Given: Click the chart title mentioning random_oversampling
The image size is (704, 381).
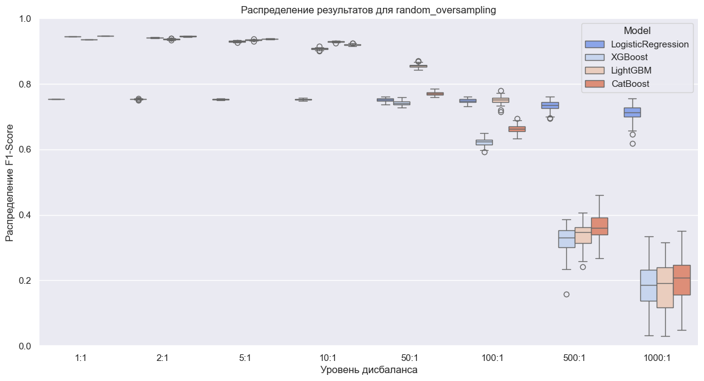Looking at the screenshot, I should pos(368,10).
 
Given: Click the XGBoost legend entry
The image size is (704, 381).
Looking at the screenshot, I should pos(630,58).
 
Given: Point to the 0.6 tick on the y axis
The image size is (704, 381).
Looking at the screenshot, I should pos(26,149).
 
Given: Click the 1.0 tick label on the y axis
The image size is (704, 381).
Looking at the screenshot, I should pos(26,19).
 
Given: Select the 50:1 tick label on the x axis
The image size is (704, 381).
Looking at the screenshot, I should pos(410,358).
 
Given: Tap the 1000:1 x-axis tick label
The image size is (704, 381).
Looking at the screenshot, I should pos(657,358).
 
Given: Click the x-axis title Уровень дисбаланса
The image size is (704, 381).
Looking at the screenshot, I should pos(368,370).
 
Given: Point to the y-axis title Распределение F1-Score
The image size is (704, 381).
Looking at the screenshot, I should pos(10,182).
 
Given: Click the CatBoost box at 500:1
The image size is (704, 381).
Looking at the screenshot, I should pos(599,226).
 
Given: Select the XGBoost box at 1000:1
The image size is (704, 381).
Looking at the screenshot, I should pos(649,285).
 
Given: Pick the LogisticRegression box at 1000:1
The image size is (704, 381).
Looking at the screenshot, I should pos(632,112).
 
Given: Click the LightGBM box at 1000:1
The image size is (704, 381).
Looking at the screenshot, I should pos(665,287).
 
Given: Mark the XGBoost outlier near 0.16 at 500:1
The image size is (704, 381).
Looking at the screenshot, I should pos(566,294).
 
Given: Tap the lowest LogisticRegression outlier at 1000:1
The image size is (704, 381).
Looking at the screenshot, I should pos(632,144).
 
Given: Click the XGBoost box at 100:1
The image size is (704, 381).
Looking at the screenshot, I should pos(484,142).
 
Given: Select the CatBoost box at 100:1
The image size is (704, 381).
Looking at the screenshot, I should pos(517,129).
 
